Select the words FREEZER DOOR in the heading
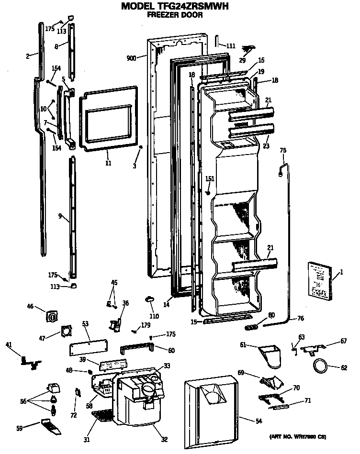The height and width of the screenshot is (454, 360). point(174,15)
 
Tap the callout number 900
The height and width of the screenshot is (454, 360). point(131,58)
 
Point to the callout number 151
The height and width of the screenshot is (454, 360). point(210,178)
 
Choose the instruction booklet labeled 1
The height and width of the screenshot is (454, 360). point(319,281)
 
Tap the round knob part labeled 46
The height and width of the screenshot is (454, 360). point(52,316)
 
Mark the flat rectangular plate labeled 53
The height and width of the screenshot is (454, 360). point(88,343)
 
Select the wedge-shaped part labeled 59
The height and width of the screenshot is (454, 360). point(51,428)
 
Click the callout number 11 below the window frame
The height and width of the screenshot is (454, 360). point(108,163)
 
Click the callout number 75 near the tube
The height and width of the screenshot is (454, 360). point(282,150)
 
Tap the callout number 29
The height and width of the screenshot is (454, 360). point(242,60)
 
